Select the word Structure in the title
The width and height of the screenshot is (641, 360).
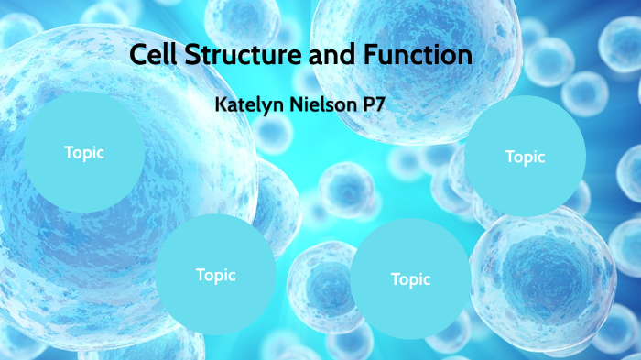233,55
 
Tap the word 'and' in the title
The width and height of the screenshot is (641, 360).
322,55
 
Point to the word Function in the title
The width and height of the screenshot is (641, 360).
411,55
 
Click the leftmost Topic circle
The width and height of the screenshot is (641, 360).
83,153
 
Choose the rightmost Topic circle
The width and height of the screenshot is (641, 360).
525,157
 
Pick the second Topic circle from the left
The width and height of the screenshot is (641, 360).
215,274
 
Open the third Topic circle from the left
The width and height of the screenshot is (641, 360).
410,279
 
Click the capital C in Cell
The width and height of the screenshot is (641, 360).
137,55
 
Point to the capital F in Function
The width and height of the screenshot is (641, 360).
360,55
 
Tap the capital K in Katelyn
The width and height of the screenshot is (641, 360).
220,103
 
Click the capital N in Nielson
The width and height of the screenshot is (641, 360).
294,103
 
